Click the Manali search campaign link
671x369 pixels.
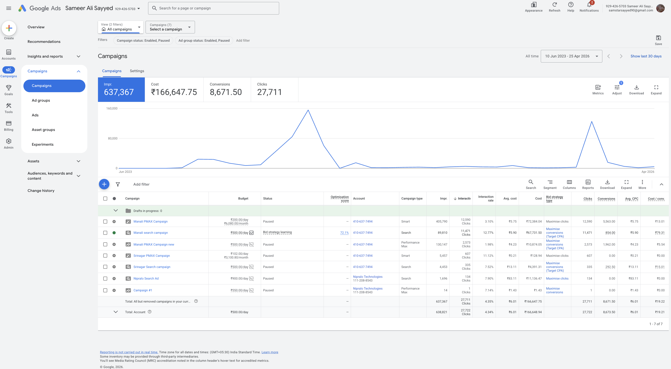pos(150,233)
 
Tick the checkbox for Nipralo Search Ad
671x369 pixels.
pos(105,278)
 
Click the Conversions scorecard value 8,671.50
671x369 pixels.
pos(226,92)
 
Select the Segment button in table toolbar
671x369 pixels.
pos(550,184)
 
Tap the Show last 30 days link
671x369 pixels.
pos(646,56)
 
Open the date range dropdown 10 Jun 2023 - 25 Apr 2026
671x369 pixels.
pos(571,56)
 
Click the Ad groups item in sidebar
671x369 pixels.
pos(41,100)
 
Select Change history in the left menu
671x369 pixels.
pos(41,190)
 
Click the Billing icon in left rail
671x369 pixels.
pos(9,123)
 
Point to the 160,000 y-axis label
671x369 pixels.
pos(112,108)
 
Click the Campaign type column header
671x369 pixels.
pos(412,198)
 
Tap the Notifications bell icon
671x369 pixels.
pos(589,5)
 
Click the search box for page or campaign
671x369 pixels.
pos(214,8)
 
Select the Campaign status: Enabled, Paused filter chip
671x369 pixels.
pos(143,40)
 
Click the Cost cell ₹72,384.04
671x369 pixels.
pos(534,221)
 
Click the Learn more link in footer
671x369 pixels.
pos(270,352)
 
